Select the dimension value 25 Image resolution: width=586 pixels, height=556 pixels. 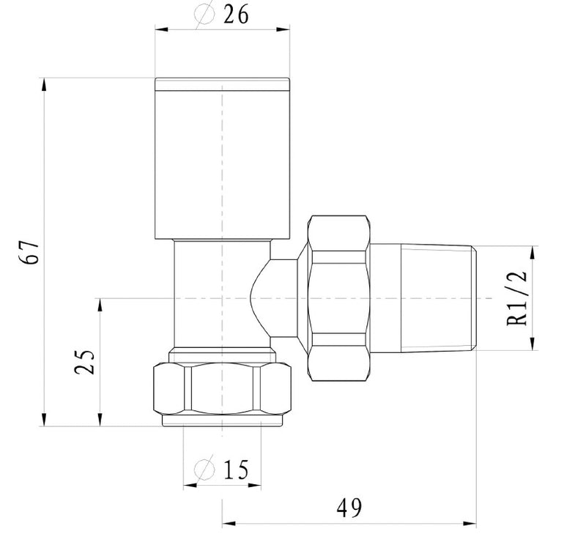(x=86, y=361)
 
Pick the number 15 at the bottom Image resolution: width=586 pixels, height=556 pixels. (x=235, y=468)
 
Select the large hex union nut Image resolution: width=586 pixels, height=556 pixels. (x=337, y=299)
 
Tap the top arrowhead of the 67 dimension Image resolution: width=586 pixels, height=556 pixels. (x=44, y=81)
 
